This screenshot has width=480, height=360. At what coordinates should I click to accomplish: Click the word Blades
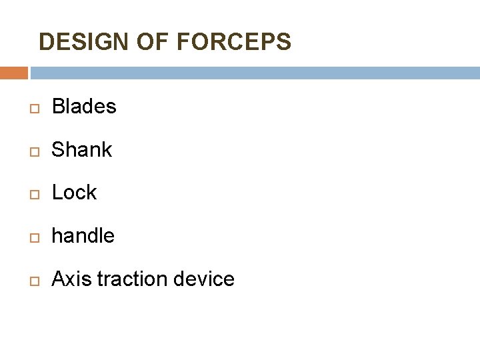click(x=84, y=107)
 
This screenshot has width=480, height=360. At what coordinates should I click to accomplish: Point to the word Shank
click(x=82, y=150)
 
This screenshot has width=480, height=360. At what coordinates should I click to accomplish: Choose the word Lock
click(x=74, y=193)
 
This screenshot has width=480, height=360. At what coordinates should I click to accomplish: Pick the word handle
click(x=83, y=235)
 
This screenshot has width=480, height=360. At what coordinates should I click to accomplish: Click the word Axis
click(x=71, y=279)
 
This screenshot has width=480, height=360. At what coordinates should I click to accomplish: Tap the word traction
click(x=133, y=279)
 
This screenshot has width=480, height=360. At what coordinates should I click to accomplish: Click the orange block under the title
click(x=13, y=73)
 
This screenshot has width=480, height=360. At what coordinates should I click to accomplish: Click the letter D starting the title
click(x=46, y=42)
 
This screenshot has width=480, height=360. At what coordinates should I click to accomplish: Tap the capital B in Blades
click(x=57, y=107)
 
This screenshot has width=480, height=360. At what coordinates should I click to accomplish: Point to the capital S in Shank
click(x=57, y=150)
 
